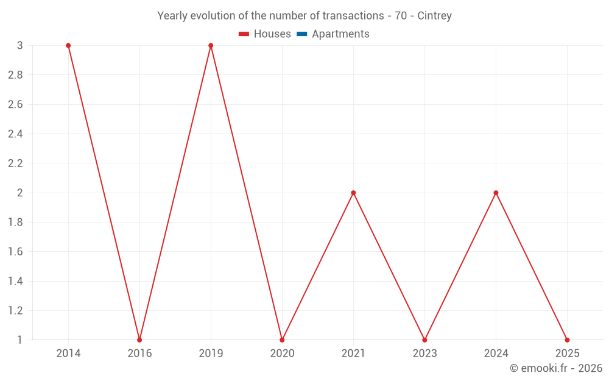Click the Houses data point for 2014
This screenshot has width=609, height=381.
click(x=68, y=46)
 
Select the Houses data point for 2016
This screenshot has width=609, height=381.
click(x=139, y=340)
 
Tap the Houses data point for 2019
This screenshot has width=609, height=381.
click(x=211, y=46)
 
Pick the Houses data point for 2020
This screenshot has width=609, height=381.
click(x=282, y=340)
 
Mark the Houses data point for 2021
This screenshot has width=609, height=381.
click(x=353, y=193)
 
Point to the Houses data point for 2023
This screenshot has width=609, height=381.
click(x=424, y=340)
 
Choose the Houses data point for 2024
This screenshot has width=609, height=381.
click(x=496, y=193)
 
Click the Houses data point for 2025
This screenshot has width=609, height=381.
click(x=567, y=340)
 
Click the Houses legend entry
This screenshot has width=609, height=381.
click(x=265, y=34)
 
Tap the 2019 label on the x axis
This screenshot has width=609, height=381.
click(x=211, y=353)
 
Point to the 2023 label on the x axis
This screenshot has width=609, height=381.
click(x=424, y=353)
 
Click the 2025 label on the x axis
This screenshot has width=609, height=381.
click(x=567, y=353)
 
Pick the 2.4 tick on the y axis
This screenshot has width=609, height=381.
click(x=15, y=134)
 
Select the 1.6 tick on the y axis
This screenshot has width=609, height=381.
click(x=15, y=252)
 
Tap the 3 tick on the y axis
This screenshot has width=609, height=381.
click(x=20, y=46)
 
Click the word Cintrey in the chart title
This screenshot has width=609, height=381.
click(x=434, y=16)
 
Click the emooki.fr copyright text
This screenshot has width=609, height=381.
click(x=556, y=368)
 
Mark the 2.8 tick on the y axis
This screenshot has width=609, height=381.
click(x=15, y=75)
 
